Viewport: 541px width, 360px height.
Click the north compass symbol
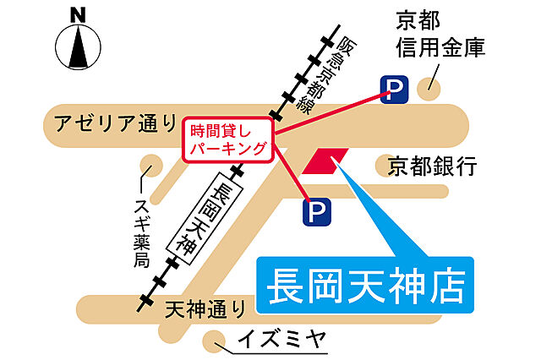click(x=78, y=47)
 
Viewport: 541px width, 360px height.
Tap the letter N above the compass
click(x=78, y=14)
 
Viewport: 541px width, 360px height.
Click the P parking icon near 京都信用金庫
click(x=392, y=89)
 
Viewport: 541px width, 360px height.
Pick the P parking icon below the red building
click(x=314, y=210)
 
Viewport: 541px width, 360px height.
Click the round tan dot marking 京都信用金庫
click(x=433, y=83)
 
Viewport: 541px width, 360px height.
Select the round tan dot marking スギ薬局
click(x=150, y=165)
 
